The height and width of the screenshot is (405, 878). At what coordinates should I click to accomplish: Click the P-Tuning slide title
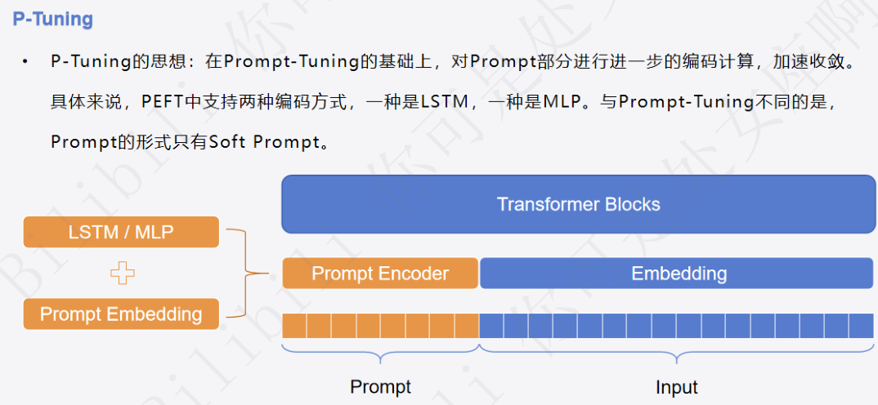click(x=53, y=19)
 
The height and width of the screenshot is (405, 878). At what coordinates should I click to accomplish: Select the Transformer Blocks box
click(x=578, y=204)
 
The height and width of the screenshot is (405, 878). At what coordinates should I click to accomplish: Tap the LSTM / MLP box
click(x=121, y=232)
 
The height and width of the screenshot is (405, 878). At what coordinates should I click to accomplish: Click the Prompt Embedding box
click(x=121, y=314)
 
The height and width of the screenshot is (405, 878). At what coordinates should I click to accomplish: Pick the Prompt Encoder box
click(x=380, y=274)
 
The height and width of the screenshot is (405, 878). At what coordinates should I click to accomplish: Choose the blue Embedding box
click(x=678, y=274)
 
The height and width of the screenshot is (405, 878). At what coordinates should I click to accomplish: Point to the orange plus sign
click(x=122, y=273)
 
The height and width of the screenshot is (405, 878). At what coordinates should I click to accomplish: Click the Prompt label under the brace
click(x=380, y=386)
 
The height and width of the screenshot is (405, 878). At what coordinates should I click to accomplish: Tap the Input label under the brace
click(x=677, y=386)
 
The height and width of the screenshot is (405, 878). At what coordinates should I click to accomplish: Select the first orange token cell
click(x=294, y=327)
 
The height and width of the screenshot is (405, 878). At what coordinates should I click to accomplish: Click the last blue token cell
click(x=861, y=327)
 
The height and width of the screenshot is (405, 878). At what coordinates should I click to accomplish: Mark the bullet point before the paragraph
click(x=25, y=62)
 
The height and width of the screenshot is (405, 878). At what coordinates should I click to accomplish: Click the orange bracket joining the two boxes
click(x=239, y=273)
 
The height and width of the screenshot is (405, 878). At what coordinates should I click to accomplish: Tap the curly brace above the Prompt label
click(x=380, y=354)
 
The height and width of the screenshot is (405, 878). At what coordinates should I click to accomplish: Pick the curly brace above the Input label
click(x=677, y=354)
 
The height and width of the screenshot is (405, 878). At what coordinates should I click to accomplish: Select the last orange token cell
click(x=467, y=327)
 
